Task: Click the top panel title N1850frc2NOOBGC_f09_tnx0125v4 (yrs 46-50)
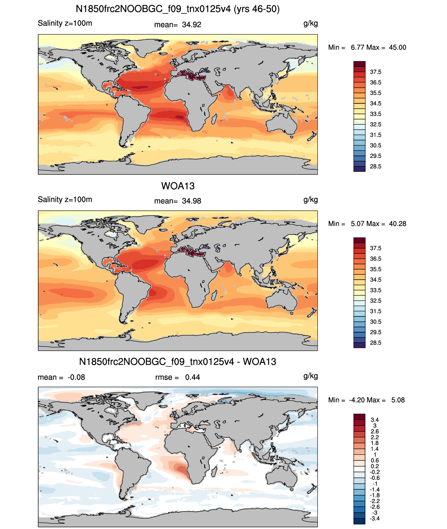[178, 9]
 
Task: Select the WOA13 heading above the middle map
[178, 186]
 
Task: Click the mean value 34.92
[192, 25]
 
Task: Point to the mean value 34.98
[192, 201]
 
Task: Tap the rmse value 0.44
[193, 378]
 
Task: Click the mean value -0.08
[77, 378]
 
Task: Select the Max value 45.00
[398, 48]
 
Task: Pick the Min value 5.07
[357, 224]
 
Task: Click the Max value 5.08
[398, 400]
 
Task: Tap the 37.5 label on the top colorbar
[375, 72]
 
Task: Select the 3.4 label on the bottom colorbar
[375, 420]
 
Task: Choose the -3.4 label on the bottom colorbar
[375, 519]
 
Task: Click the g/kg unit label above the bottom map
[311, 376]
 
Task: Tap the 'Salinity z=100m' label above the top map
[65, 23]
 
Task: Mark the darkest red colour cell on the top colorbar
[359, 64]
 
